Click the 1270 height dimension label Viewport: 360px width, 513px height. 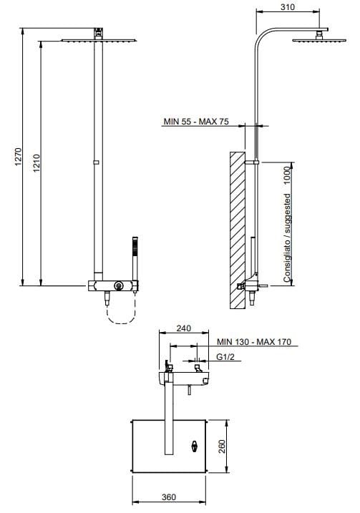coord(19,157)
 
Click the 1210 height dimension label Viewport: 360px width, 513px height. coord(37,163)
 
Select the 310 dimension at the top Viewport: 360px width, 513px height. coord(287,7)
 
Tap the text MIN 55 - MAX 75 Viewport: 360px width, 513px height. coord(196,122)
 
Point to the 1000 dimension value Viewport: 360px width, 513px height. coord(287,175)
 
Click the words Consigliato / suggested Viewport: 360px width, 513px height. coord(287,238)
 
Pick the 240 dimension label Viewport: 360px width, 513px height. coord(184,328)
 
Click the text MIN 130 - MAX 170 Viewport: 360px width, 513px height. coord(254,342)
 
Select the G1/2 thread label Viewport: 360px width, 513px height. coord(225,356)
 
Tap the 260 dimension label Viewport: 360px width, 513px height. coord(222,446)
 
